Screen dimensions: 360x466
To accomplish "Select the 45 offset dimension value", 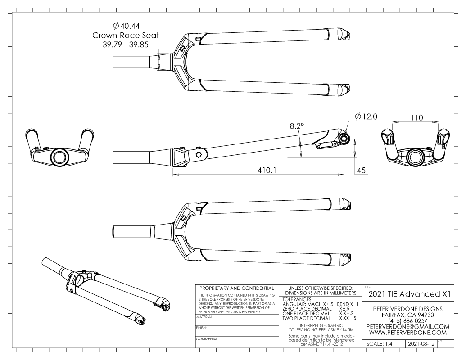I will click(x=361, y=170).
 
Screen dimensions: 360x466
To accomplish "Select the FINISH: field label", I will click(x=201, y=328).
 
